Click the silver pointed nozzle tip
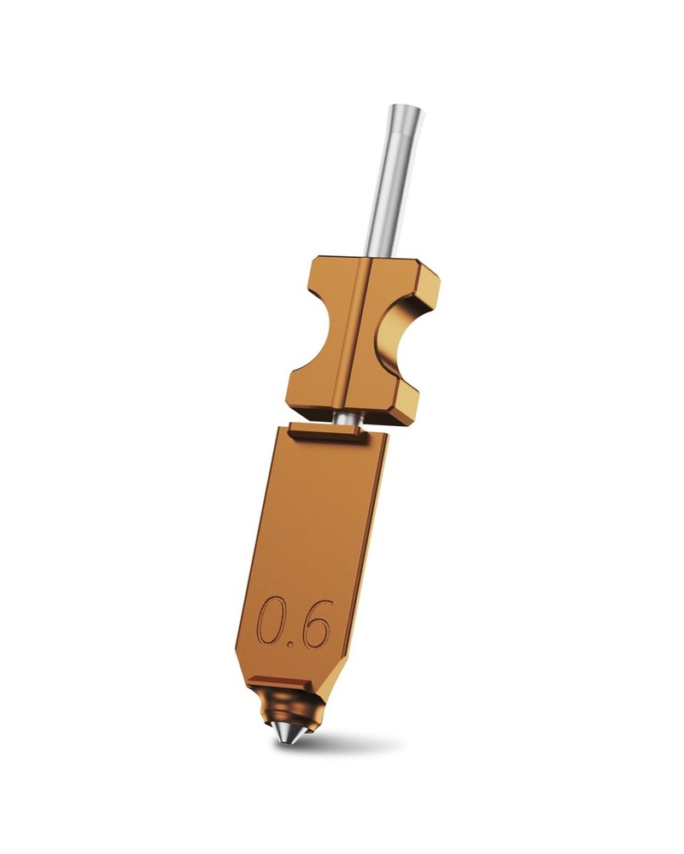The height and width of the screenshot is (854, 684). click(285, 733)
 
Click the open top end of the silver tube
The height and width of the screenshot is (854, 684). click(406, 111)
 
